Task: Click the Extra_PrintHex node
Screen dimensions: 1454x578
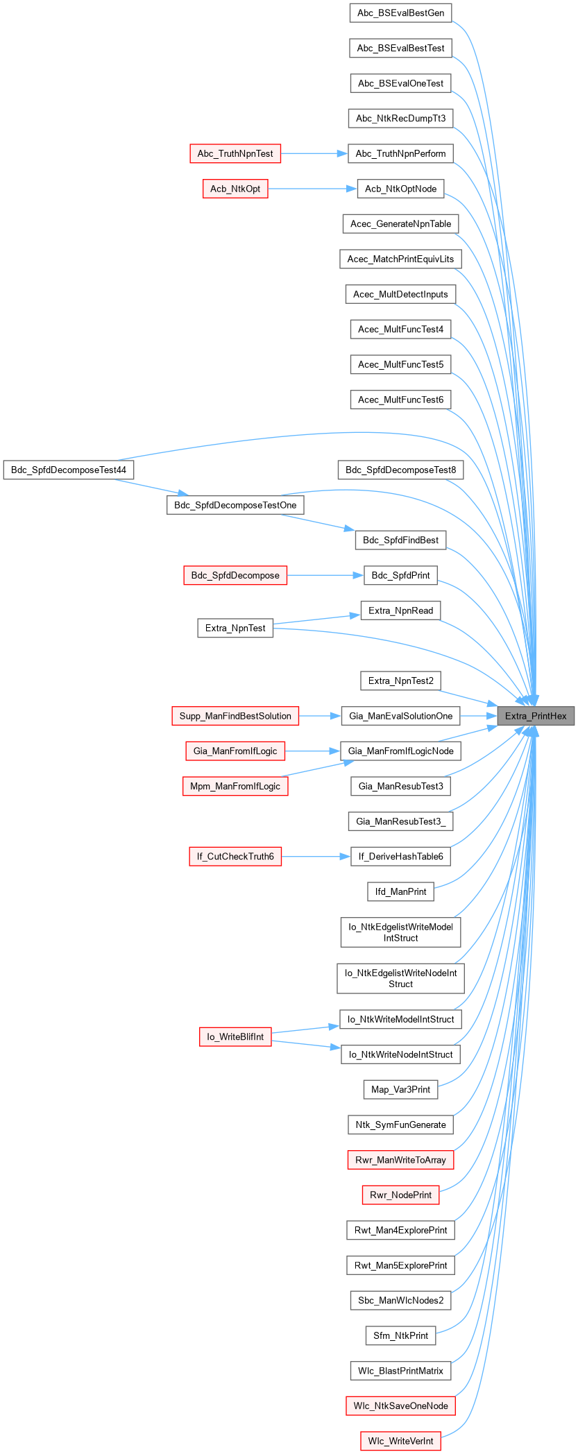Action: [536, 716]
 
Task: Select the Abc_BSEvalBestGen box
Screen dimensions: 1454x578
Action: [400, 13]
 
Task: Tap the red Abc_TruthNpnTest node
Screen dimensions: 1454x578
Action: [235, 153]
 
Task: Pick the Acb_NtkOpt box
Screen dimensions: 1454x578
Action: [235, 189]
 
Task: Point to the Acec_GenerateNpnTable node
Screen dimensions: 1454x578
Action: [400, 223]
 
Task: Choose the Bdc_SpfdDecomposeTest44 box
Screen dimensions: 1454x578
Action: [69, 470]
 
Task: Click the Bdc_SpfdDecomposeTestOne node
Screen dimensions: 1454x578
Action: [235, 505]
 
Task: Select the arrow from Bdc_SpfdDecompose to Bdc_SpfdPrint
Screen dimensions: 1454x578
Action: [325, 575]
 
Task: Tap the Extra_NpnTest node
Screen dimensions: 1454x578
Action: [235, 628]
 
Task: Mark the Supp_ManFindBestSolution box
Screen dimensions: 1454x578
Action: [235, 716]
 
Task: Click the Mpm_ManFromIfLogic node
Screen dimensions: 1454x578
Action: [235, 786]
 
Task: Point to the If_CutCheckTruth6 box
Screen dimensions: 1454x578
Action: [235, 856]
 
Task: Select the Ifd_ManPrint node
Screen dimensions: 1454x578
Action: [400, 891]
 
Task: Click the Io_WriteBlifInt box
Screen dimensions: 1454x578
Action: [235, 1036]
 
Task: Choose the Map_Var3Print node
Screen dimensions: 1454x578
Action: [400, 1089]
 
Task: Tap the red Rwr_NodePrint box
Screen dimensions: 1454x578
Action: [400, 1195]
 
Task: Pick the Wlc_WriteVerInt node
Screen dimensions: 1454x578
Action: [400, 1441]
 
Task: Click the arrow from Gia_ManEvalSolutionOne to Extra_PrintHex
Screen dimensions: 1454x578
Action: [478, 716]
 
